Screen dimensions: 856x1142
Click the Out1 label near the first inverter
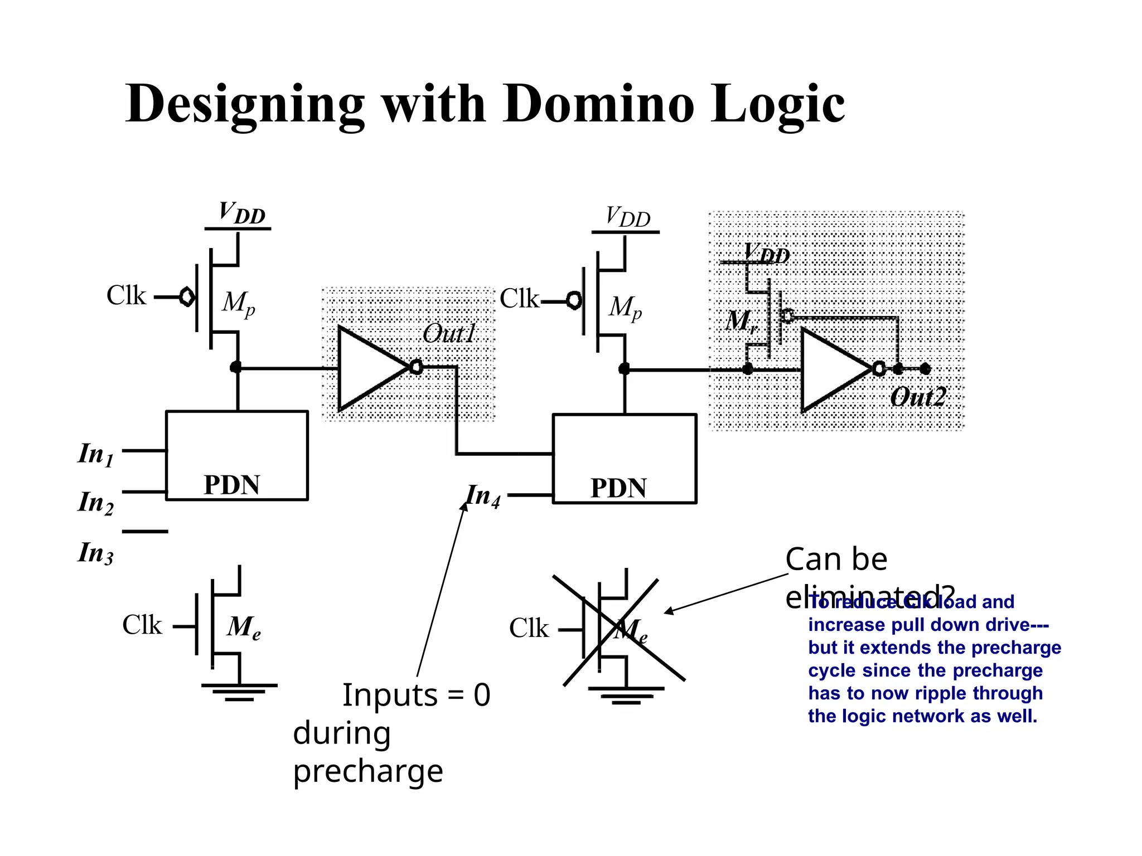point(449,334)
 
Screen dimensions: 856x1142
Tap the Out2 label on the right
point(918,397)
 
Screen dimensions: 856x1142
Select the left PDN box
point(236,455)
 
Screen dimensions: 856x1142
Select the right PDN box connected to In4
point(624,458)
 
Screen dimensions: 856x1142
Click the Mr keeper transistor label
point(741,321)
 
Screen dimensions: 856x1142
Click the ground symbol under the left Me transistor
point(239,692)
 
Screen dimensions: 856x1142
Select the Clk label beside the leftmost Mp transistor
point(126,295)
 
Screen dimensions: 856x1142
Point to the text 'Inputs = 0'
point(416,695)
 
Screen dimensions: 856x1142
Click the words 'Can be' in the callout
point(835,559)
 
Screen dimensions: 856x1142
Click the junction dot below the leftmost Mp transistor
point(236,367)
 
